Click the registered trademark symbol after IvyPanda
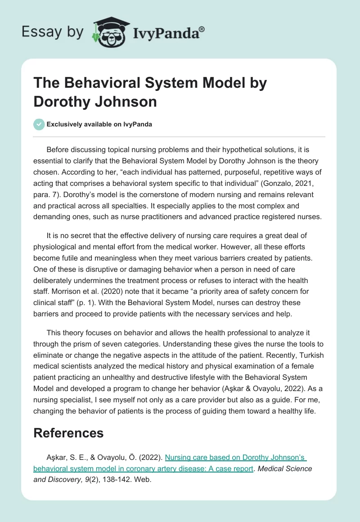[202, 29]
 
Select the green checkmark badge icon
[39, 124]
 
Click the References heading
[68, 433]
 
